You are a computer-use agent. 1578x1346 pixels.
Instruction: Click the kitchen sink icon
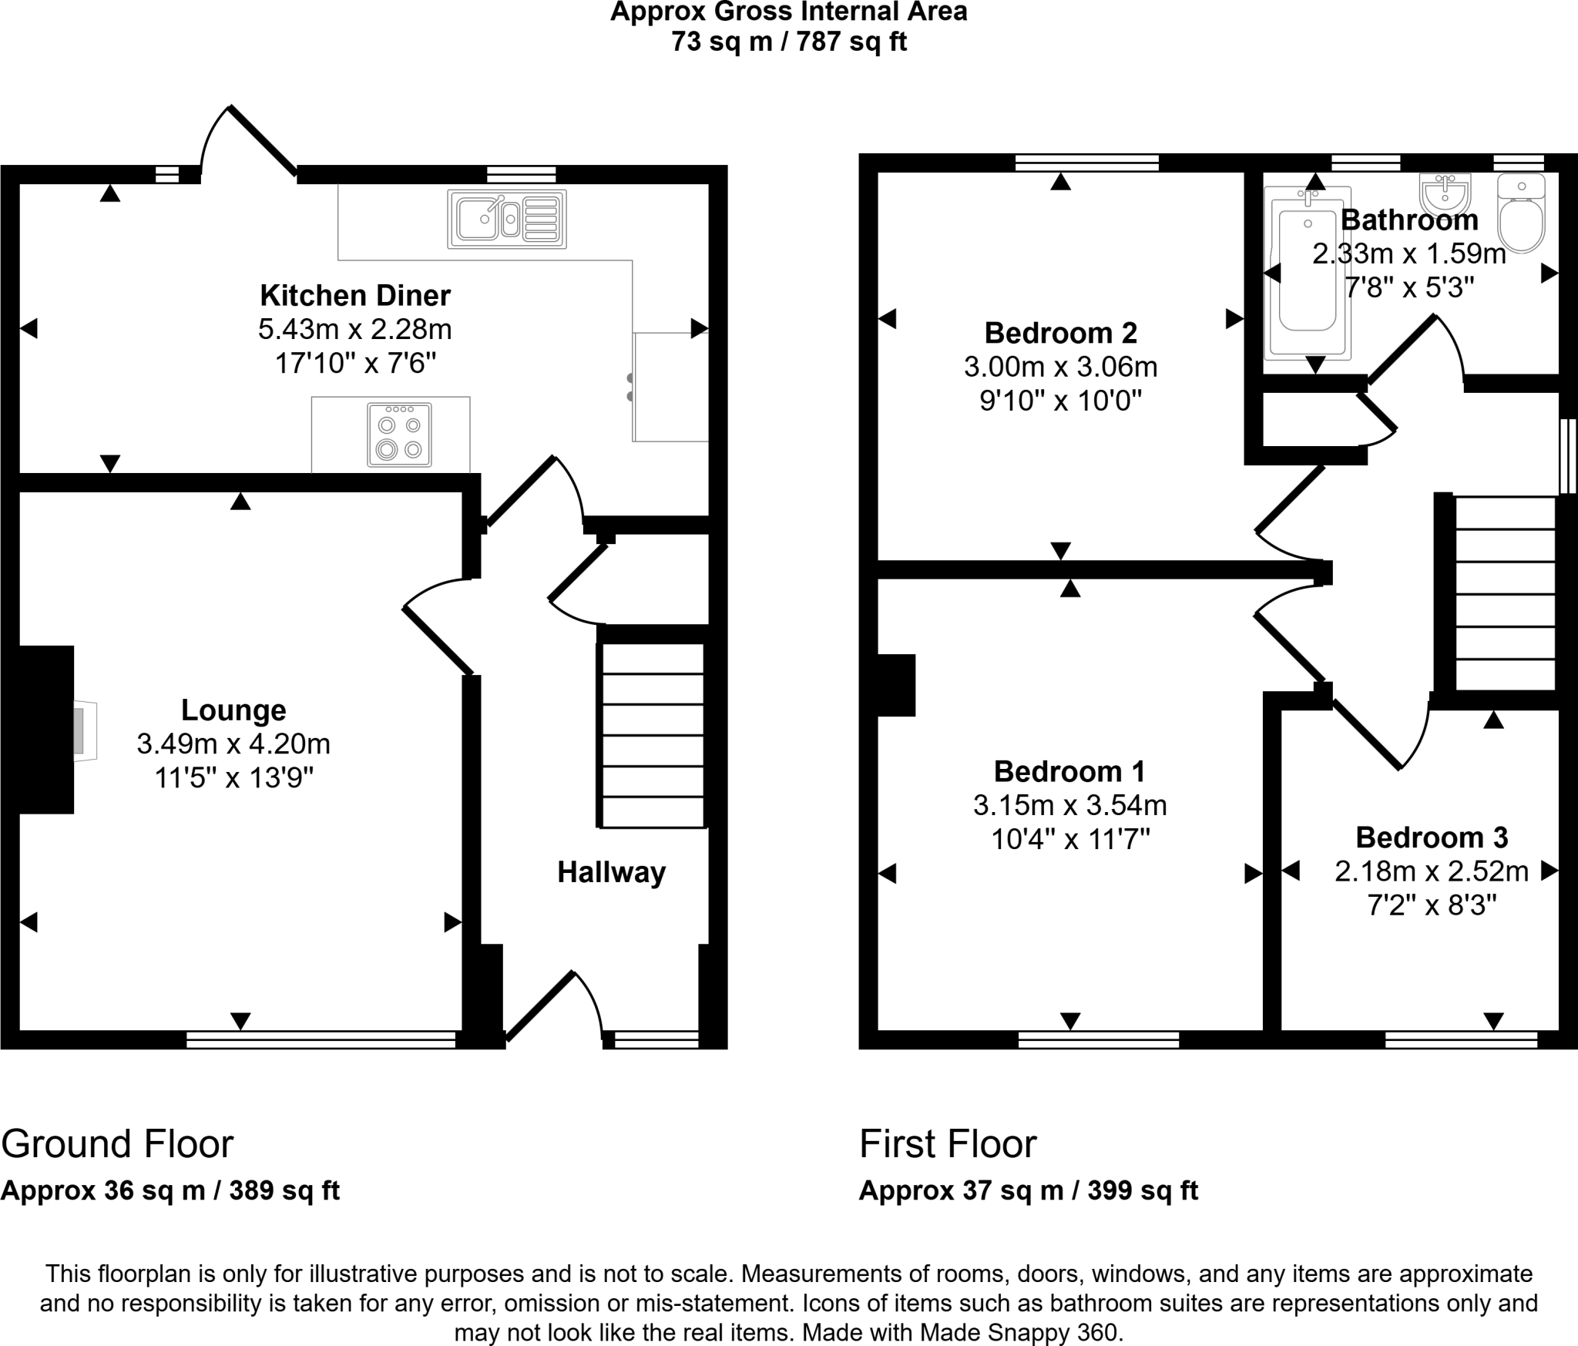pos(506,219)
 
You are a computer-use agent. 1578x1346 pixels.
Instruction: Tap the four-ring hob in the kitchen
pos(399,435)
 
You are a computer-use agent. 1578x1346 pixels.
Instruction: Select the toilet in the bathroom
pos(1521,213)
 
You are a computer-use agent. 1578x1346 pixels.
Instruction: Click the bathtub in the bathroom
pos(1308,274)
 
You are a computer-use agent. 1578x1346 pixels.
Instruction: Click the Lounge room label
pos(233,710)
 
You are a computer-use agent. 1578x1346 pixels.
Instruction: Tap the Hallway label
pos(611,872)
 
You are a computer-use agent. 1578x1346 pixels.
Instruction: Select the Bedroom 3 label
pos(1432,837)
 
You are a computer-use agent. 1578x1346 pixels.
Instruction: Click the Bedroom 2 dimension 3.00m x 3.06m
pos(1060,367)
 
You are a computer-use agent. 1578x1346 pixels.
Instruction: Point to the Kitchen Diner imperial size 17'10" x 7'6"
pos(355,363)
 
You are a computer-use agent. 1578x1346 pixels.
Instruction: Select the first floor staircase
pos(1504,593)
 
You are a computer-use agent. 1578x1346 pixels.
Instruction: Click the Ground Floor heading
pos(117,1144)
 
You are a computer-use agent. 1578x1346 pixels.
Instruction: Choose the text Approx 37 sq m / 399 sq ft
pos(1028,1190)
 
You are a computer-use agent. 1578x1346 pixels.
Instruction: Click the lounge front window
pos(321,1040)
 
